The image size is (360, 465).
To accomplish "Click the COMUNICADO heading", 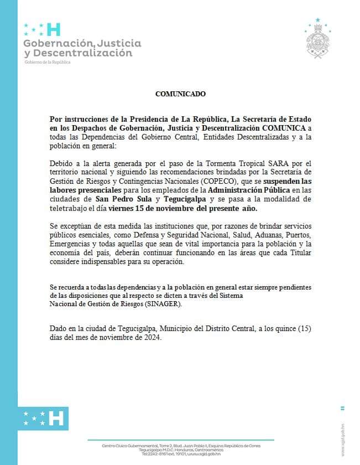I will pos(180,94).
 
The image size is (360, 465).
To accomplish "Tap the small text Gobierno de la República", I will pos(48,62).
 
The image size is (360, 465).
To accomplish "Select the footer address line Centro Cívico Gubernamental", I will pos(133,446).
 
